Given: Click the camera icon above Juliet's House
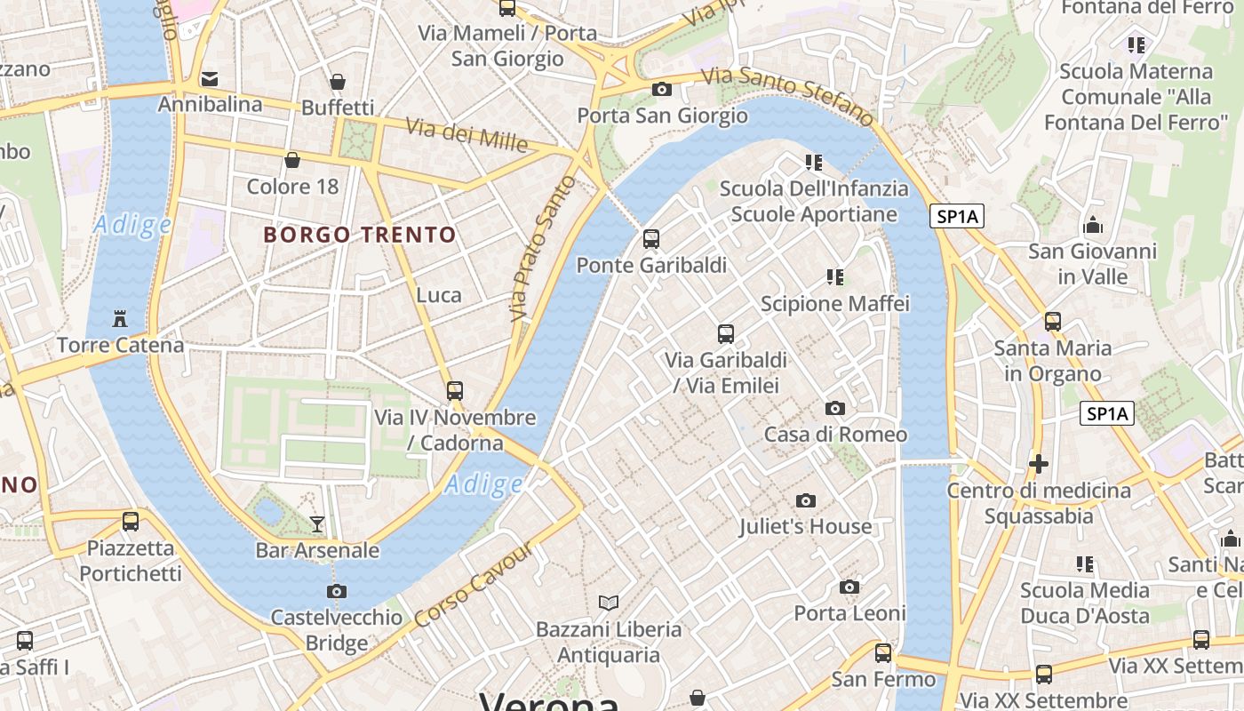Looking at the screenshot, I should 806,501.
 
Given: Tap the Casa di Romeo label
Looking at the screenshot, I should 835,435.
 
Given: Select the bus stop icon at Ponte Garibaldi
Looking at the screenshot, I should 651,239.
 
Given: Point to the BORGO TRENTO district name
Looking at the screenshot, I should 360,236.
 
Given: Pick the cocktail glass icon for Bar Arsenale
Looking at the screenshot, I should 317,524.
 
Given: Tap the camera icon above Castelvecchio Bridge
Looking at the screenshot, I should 337,591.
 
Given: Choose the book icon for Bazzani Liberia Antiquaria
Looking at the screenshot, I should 609,603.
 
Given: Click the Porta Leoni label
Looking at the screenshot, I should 849,613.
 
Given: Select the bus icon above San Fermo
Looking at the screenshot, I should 883,653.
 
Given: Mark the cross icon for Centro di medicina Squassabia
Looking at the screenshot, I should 1038,464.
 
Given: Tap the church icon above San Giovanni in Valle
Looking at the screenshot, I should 1094,226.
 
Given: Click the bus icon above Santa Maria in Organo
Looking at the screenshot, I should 1053,322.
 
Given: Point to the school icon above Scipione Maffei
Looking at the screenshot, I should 834,277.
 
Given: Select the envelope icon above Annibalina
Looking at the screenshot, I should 210,79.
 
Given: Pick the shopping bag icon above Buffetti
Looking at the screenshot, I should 338,83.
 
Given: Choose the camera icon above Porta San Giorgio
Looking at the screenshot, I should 662,89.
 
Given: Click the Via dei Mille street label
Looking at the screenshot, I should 467,134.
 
